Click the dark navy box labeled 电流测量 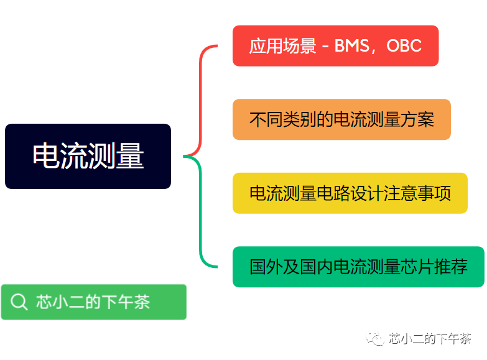88,156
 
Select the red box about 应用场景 335,45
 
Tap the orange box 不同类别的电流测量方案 341,119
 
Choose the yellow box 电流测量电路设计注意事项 350,193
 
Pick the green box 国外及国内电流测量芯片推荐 358,267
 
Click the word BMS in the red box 351,45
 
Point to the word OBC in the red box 404,45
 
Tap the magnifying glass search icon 19,302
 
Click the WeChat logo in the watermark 375,339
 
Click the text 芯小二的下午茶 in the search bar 93,302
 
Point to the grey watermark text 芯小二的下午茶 430,339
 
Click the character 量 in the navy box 130,156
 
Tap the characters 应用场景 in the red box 282,46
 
